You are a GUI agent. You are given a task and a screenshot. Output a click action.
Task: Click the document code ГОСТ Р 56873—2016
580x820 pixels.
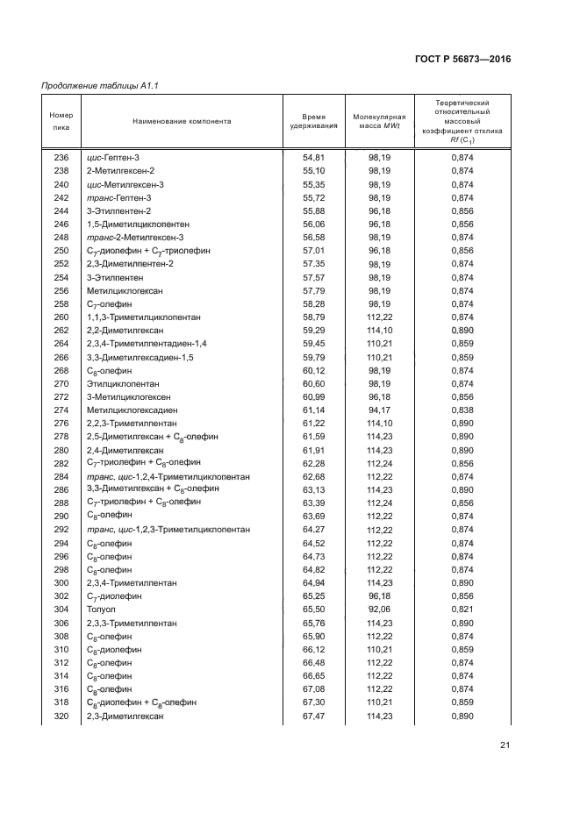click(463, 59)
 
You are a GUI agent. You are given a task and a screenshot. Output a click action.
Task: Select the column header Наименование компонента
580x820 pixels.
click(182, 121)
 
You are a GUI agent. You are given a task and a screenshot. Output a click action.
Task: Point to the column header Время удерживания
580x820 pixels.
click(313, 121)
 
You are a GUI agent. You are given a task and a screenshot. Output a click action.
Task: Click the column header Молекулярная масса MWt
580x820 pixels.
click(379, 121)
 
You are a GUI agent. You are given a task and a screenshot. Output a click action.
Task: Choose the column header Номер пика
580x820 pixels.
click(61, 121)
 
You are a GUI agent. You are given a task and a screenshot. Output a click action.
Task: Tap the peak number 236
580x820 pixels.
click(61, 157)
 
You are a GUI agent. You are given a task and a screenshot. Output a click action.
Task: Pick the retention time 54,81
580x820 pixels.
click(313, 157)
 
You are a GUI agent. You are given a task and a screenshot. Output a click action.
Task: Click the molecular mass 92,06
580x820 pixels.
click(379, 610)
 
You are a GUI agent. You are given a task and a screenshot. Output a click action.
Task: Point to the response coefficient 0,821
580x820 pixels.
click(462, 610)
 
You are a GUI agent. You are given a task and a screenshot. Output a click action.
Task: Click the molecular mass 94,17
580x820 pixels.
click(379, 410)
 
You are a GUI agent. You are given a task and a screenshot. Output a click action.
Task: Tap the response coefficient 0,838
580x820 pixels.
click(462, 410)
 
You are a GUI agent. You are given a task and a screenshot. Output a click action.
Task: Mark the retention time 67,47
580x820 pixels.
click(313, 717)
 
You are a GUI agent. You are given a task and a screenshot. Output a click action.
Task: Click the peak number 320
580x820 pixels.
click(61, 717)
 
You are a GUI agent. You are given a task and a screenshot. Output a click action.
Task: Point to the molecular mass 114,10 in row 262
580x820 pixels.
click(379, 330)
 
